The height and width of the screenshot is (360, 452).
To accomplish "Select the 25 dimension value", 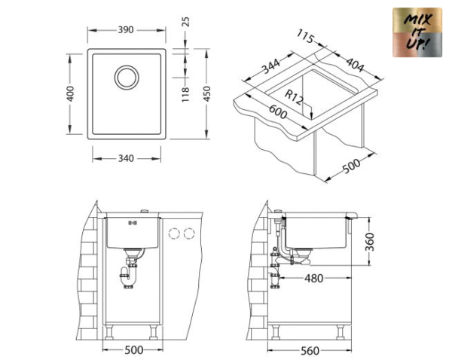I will [185, 23].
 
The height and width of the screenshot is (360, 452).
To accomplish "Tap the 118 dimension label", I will [185, 94].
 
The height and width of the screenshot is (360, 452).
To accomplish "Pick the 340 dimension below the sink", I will [126, 158].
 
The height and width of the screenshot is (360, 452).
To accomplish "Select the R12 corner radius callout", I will [296, 96].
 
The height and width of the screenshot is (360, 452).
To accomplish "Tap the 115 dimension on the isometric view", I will [305, 35].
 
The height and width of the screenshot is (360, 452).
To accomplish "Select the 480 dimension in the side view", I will [313, 278].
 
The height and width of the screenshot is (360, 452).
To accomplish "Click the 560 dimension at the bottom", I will [309, 350].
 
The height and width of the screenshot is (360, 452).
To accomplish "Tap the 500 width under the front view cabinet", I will [133, 350].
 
